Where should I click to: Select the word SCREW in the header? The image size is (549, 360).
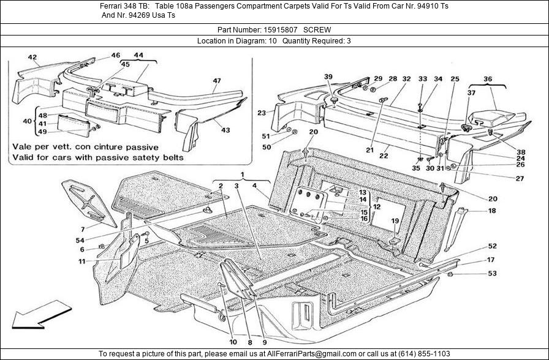(x=318, y=29)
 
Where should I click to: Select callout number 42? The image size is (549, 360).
(x=32, y=58)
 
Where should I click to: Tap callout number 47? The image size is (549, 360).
(x=217, y=81)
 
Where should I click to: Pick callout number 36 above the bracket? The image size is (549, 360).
(x=488, y=78)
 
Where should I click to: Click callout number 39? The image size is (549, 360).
(x=328, y=77)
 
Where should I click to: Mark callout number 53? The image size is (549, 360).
(x=492, y=274)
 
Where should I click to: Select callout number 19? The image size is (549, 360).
(x=395, y=221)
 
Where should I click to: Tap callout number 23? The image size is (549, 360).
(x=262, y=113)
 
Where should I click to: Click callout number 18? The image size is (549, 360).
(x=492, y=211)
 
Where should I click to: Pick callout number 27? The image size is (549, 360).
(x=502, y=179)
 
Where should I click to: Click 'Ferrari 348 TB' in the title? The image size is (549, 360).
(x=125, y=6)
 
